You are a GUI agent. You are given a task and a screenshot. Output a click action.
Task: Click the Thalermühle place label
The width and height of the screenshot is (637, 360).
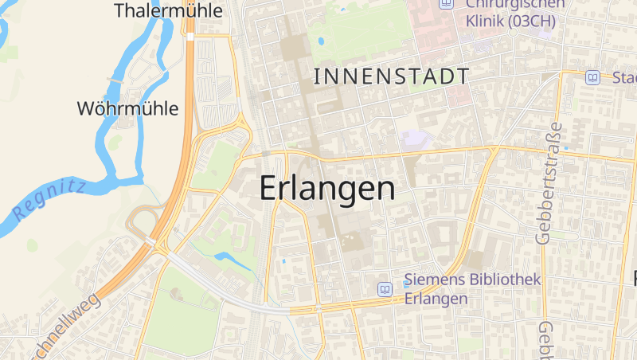167,10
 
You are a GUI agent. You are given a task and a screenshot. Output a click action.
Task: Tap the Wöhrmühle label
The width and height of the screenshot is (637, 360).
127,108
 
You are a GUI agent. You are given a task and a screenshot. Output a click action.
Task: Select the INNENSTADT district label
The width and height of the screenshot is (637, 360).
392,76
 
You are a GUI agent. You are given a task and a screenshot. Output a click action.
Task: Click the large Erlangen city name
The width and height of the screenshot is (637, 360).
327,189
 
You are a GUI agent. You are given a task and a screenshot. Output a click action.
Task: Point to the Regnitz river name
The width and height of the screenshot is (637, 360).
49,200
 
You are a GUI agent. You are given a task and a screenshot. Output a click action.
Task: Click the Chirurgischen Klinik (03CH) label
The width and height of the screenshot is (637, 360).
510,14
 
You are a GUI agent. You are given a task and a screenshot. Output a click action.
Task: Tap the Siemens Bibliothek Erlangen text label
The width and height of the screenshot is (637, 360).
472,289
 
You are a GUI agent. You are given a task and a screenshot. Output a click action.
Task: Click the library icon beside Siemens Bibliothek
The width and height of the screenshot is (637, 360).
386,289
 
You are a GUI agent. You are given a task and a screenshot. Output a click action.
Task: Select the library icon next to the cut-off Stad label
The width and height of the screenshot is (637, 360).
592,77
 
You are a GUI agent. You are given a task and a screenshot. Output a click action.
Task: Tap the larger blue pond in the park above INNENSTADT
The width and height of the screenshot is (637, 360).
322,40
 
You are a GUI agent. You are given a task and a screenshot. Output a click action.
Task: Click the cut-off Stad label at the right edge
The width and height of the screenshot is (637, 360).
624,77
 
